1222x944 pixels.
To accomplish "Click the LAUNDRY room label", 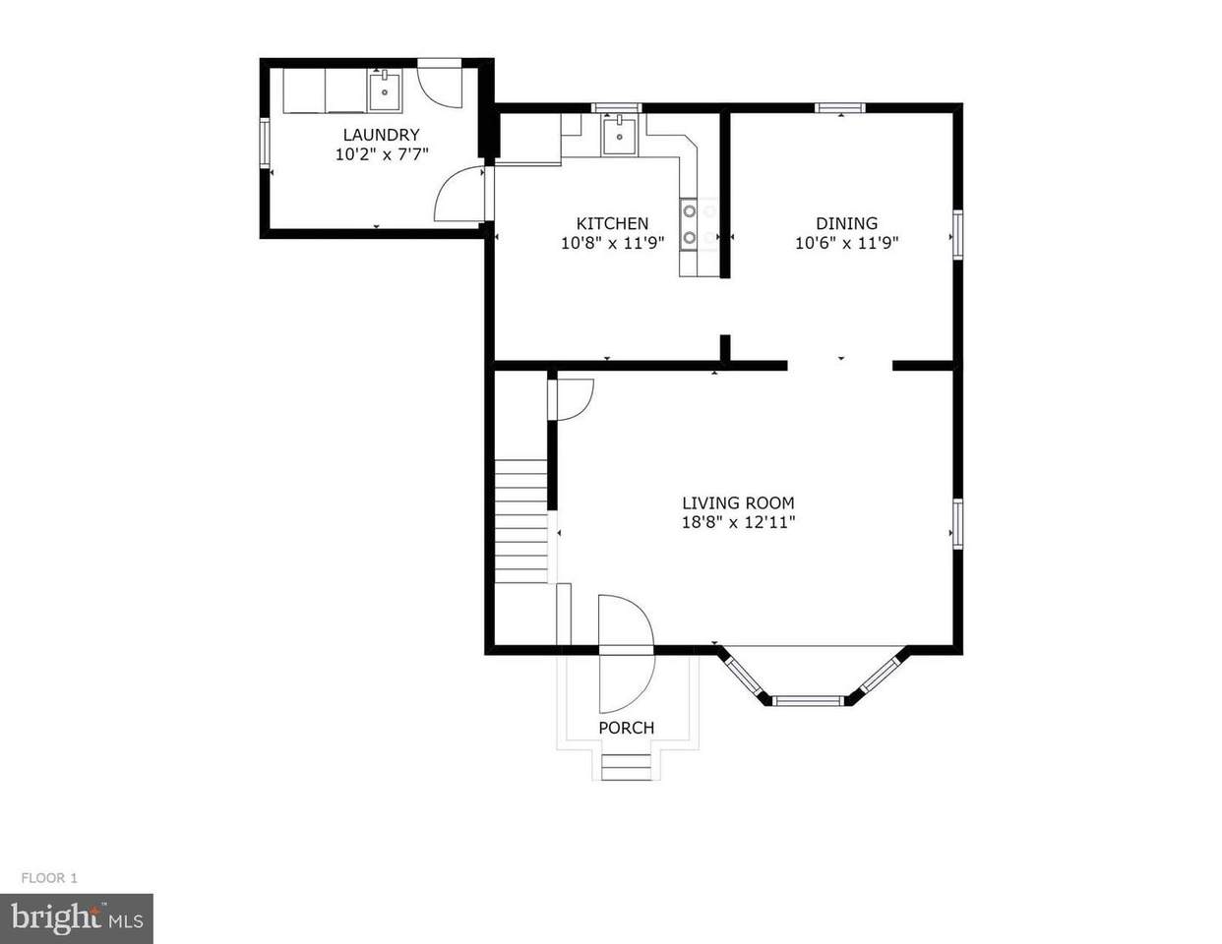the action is pyautogui.click(x=382, y=135).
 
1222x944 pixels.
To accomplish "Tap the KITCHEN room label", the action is pyautogui.click(x=612, y=223).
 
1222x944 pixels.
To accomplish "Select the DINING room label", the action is pyautogui.click(x=846, y=223).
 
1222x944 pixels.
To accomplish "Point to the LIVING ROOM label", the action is pyautogui.click(x=738, y=502).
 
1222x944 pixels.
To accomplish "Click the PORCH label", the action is pyautogui.click(x=626, y=728).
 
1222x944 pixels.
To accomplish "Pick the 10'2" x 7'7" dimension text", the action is pyautogui.click(x=382, y=154).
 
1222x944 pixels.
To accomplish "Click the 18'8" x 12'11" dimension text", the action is pyautogui.click(x=738, y=522).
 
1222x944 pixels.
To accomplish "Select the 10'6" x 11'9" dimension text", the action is pyautogui.click(x=846, y=243).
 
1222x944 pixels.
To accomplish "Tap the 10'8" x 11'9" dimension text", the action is pyautogui.click(x=612, y=243).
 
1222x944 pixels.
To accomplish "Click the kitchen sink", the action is pyautogui.click(x=619, y=135).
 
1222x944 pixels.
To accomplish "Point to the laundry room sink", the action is pyautogui.click(x=385, y=90).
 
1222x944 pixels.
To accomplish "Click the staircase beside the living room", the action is pyautogui.click(x=521, y=521).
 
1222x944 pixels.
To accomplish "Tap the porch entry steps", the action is pyautogui.click(x=626, y=766).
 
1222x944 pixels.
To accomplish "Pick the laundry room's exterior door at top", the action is pyautogui.click(x=439, y=84).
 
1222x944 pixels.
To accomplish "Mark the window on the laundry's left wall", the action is pyautogui.click(x=264, y=143).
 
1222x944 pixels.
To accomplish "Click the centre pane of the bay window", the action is pyautogui.click(x=807, y=700).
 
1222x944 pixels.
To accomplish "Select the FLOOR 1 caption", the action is pyautogui.click(x=49, y=878).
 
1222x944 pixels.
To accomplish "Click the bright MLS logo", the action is pyautogui.click(x=77, y=918).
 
